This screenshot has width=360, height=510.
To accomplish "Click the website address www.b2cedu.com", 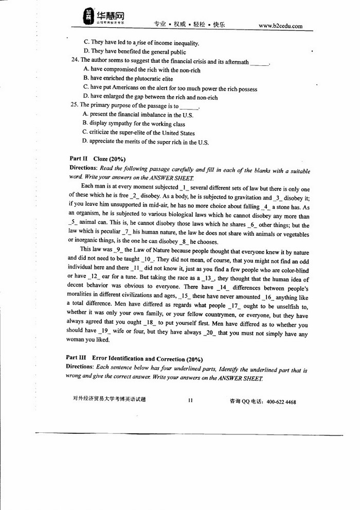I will [x=280, y=26].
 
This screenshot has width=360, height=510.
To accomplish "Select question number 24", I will [x=74, y=61].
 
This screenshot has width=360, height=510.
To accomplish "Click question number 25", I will [x=74, y=105].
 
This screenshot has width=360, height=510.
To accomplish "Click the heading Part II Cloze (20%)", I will [x=98, y=159].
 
